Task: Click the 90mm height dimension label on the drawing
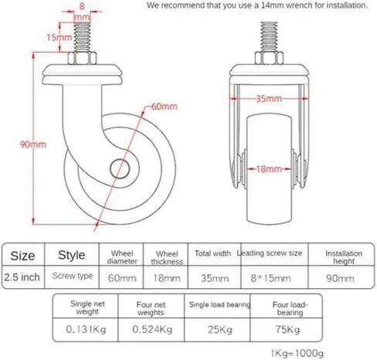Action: (33, 144)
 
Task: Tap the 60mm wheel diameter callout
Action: (165, 107)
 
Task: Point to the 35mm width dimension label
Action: (269, 99)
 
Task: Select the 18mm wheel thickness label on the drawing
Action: (269, 169)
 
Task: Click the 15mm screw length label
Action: (59, 37)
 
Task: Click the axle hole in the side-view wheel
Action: (120, 169)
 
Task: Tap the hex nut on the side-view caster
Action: (82, 58)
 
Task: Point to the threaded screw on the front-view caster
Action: (269, 36)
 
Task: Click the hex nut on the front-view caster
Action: (269, 58)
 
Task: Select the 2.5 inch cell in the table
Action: (22, 277)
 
